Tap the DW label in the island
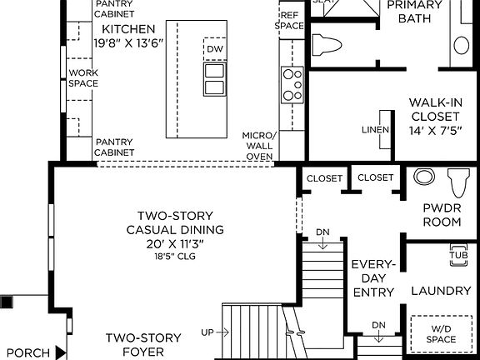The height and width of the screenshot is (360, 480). click(x=214, y=48)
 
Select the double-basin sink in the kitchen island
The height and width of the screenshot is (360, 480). click(x=214, y=79)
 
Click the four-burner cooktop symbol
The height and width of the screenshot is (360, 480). click(x=292, y=84)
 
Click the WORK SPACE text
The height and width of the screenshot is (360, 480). click(x=83, y=78)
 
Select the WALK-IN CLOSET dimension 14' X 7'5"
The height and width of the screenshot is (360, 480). click(x=435, y=131)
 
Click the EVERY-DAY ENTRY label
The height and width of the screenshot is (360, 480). click(x=372, y=277)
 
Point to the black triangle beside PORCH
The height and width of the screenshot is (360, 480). click(x=60, y=353)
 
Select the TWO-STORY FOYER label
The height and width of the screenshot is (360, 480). click(x=142, y=345)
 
